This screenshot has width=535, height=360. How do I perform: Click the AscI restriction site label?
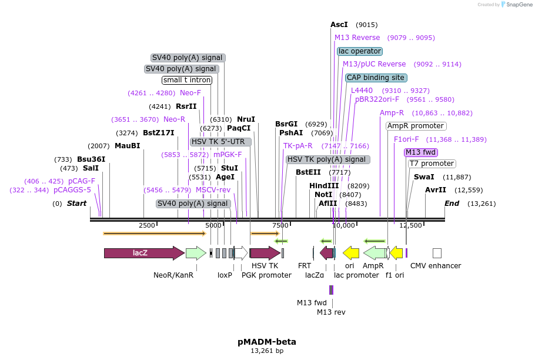[339, 25]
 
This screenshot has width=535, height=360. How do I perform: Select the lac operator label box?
[360, 51]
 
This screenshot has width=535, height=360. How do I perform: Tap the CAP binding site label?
[376, 77]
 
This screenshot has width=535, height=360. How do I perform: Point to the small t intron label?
[187, 80]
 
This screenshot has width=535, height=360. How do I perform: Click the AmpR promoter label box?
[416, 126]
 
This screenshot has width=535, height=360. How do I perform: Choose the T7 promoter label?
[432, 164]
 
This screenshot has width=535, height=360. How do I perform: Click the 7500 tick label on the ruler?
[281, 225]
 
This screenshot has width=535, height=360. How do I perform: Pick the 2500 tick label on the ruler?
[147, 225]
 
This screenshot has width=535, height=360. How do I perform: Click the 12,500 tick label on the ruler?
[411, 225]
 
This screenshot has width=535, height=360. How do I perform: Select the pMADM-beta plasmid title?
[267, 341]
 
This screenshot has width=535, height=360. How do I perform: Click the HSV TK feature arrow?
[265, 253]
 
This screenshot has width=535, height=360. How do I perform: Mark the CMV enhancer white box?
[437, 253]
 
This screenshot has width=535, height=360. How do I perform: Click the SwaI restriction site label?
[424, 176]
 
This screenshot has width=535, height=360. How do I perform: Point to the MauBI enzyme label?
[128, 146]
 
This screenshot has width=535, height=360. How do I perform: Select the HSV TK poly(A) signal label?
[327, 159]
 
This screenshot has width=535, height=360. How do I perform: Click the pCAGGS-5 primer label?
[72, 190]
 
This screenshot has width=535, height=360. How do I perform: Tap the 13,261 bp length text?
[267, 351]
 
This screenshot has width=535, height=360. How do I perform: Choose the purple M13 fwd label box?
[420, 152]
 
